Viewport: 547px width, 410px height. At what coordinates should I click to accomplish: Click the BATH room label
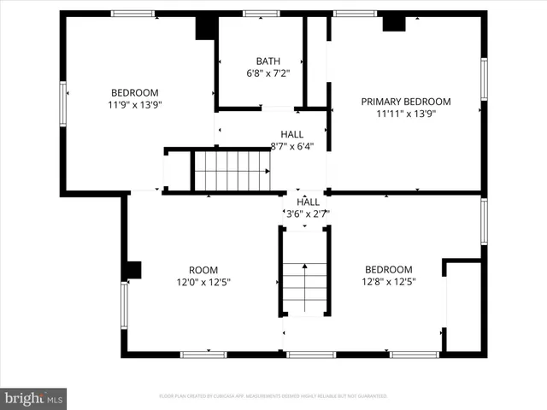pos(267,61)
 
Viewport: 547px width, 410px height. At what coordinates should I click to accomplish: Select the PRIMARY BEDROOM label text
pos(405,102)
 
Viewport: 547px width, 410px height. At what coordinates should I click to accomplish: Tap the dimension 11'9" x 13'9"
pos(134,104)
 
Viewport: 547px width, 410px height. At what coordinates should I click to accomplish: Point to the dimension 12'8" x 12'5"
pos(388,281)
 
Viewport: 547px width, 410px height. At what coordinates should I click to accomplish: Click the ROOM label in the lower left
pos(203,269)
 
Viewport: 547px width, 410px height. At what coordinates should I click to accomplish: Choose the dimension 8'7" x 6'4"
pos(292,146)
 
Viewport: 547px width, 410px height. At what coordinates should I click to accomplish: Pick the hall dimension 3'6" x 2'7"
pos(308,214)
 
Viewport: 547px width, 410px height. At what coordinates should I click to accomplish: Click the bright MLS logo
pos(34,397)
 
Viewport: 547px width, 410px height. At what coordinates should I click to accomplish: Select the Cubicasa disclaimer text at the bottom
pos(273,396)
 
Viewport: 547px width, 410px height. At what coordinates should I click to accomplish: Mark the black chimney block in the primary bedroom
pos(393,23)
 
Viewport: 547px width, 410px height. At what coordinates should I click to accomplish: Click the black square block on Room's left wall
pos(132,271)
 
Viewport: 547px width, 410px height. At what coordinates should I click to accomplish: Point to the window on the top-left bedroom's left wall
pos(62,103)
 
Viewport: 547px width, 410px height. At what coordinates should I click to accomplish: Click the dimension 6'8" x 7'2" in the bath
pos(267,73)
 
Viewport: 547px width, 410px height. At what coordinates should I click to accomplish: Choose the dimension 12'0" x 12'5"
pos(203,281)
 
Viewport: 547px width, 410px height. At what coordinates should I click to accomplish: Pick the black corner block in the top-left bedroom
pos(205,27)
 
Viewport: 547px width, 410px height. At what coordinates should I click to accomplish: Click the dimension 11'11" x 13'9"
pos(405,114)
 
